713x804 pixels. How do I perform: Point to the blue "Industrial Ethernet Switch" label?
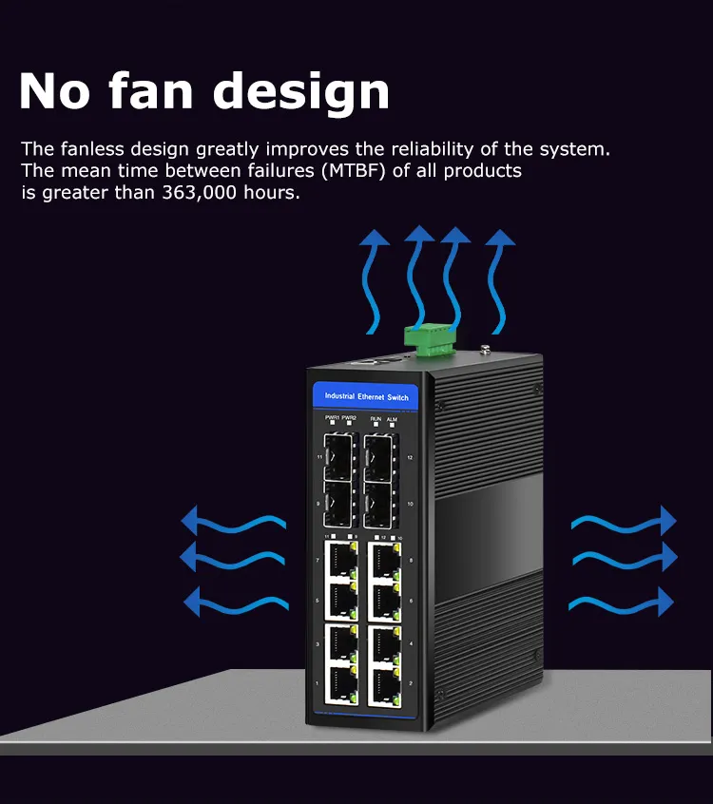[x=367, y=395]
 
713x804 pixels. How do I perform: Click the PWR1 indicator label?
[x=332, y=417]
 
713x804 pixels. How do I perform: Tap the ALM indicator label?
[x=392, y=417]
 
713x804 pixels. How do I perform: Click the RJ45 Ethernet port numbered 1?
[x=340, y=684]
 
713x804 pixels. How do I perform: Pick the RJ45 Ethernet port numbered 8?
[x=383, y=561]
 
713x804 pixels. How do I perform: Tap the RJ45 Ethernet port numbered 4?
[x=383, y=644]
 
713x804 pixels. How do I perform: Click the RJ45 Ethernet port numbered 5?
[x=340, y=602]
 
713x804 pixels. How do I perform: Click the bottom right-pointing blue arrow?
[x=622, y=601]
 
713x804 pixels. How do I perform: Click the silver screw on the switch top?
[x=485, y=351]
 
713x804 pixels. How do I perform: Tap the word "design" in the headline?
[x=300, y=91]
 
